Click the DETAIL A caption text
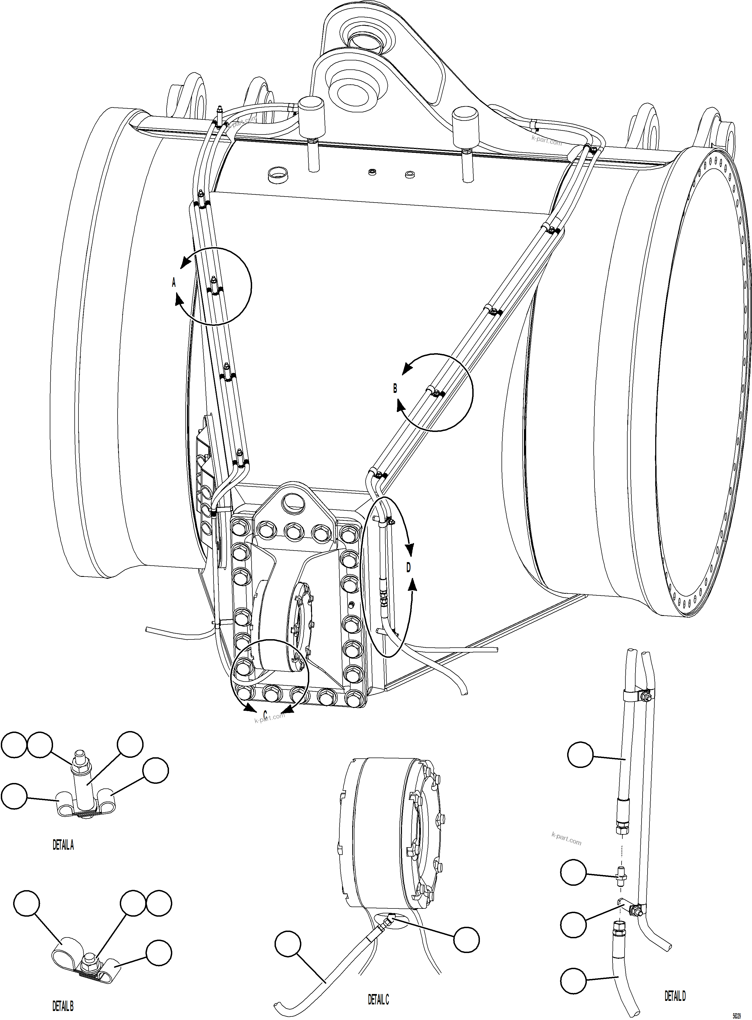pyautogui.click(x=63, y=845)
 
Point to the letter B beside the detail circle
pyautogui.click(x=395, y=388)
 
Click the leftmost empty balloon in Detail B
pyautogui.click(x=27, y=904)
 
